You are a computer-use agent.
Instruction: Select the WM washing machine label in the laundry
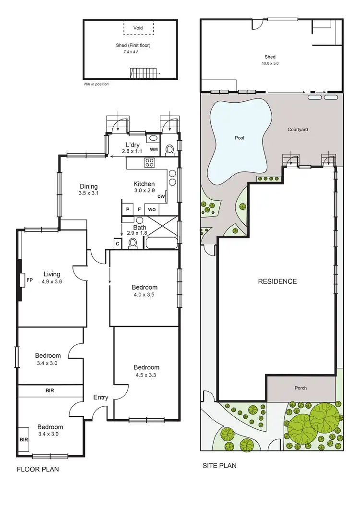[154, 150]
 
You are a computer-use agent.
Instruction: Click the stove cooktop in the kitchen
[149, 163]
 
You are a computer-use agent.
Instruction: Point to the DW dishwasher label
[161, 196]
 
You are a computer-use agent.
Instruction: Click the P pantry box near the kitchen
[128, 210]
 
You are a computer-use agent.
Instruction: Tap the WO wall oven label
[152, 210]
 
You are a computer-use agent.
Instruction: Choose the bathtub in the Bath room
[161, 242]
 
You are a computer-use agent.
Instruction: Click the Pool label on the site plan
[239, 138]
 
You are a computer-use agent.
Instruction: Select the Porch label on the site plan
[300, 388]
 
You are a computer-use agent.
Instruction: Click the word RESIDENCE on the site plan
[277, 281]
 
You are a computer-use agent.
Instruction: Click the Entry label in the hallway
[101, 397]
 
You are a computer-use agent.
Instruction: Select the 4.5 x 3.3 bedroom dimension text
[146, 376]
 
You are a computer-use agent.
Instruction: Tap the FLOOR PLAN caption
[38, 469]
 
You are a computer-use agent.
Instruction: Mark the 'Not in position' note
[96, 84]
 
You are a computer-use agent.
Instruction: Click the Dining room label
[89, 186]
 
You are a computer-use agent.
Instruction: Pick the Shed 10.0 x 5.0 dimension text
[270, 63]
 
